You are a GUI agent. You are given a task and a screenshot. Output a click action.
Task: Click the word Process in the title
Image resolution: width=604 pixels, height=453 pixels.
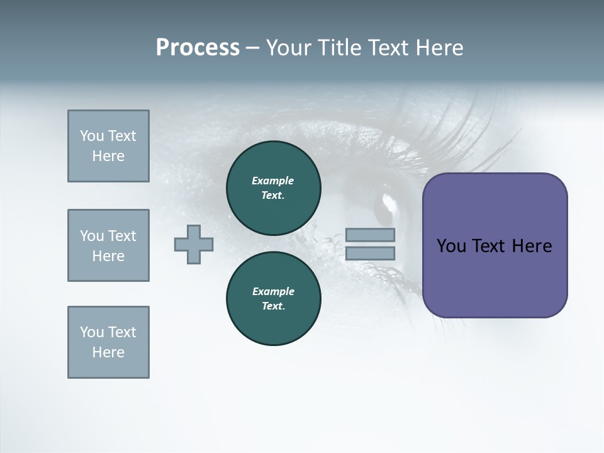pos(198,48)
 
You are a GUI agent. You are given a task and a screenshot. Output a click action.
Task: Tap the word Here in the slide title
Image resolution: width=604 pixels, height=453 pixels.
pos(439,48)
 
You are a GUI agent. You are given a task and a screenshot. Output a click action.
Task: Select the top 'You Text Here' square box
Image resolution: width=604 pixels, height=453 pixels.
pos(108,146)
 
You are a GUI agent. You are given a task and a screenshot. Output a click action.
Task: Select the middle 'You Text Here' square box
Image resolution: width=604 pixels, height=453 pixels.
pos(108,245)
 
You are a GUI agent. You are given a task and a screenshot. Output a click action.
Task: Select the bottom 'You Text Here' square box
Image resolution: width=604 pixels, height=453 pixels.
pos(108,342)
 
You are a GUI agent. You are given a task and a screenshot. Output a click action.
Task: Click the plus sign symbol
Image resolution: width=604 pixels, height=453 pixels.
pos(194,243)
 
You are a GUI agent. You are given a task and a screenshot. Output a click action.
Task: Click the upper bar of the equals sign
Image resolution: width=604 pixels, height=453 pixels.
pos(370,235)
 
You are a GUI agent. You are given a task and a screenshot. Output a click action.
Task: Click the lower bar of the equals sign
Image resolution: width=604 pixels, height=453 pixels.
pos(370,254)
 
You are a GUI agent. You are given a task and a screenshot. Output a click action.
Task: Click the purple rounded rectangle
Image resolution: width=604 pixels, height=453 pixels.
pos(495,277)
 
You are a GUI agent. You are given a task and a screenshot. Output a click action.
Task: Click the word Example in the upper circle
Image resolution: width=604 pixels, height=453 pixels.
pos(273,181)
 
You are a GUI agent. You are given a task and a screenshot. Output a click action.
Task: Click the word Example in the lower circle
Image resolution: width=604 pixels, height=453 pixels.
pos(273,292)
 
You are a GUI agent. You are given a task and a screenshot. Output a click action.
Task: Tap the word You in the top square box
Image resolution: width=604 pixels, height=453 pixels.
pos(91,136)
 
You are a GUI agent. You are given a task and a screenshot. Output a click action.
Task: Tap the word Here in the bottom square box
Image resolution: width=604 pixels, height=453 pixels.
pos(108,352)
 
